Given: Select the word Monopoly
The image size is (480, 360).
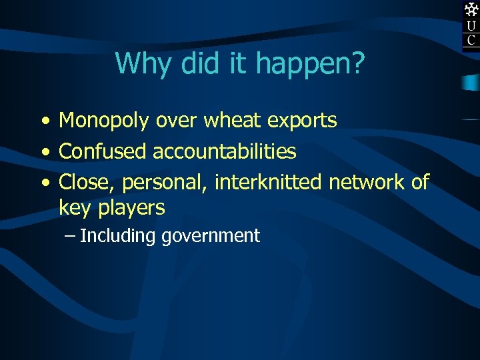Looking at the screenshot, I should [105, 121].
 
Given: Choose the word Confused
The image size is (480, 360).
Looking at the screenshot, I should [103, 151].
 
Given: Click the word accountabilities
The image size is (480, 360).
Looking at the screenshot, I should [225, 151].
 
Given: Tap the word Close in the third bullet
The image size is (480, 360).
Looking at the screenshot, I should [87, 181].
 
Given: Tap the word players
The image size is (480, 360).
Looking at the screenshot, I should [131, 209].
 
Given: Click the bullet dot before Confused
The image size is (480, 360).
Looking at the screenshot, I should [43, 152].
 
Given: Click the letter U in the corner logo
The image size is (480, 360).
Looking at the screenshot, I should [471, 26].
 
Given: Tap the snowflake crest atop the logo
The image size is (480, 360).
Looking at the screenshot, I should [471, 9].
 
